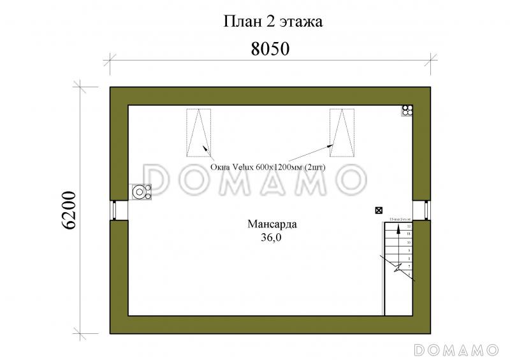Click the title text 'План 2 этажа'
point(273,22)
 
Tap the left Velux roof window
point(199,133)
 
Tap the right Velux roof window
point(342,133)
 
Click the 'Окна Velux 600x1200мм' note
point(268,168)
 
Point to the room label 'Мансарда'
point(272,224)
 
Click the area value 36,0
point(272,238)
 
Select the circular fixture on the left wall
point(140,191)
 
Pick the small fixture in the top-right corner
point(407,110)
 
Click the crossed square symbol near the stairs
point(379,210)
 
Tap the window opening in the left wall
point(113,210)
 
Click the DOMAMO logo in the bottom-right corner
point(456,350)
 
